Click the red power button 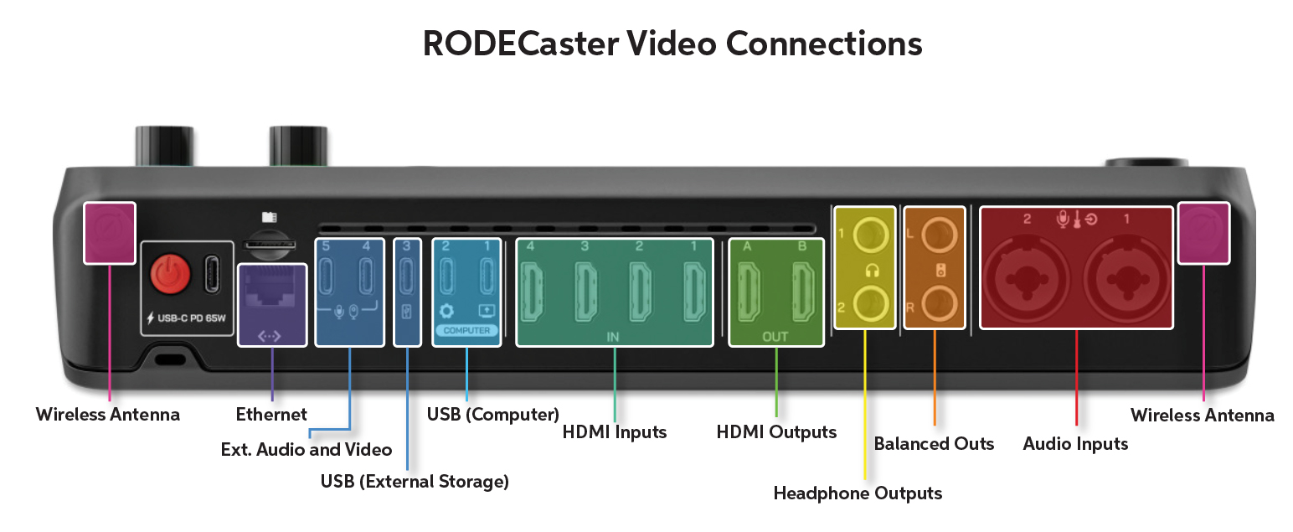[171, 274]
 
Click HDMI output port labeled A [750, 290]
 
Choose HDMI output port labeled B [801, 290]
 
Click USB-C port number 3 [406, 275]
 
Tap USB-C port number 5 [327, 275]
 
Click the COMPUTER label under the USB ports [466, 331]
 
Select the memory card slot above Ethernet [268, 245]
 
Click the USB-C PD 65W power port [211, 274]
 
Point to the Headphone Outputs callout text [858, 493]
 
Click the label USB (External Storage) [415, 482]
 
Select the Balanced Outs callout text [934, 443]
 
